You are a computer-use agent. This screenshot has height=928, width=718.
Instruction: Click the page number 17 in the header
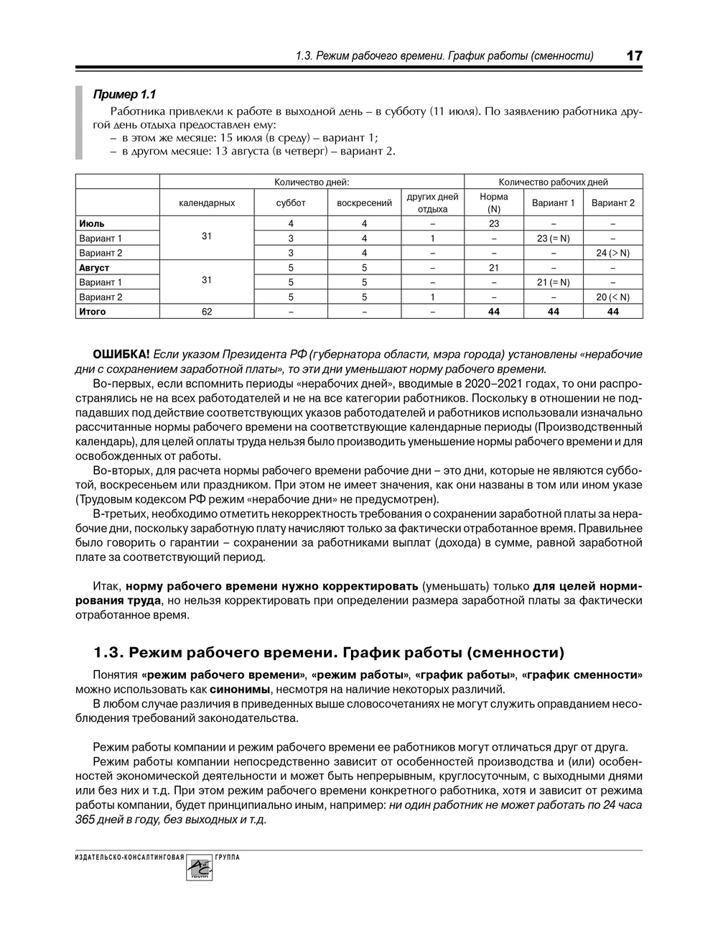[x=634, y=55]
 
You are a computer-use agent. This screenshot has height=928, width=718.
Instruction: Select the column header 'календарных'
[x=207, y=203]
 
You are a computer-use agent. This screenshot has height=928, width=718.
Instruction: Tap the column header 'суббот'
[x=291, y=203]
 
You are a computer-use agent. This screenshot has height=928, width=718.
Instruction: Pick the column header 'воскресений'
[x=364, y=203]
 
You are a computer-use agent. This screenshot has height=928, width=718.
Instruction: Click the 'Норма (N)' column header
[x=494, y=203]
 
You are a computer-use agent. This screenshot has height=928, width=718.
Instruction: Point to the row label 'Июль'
[x=92, y=224]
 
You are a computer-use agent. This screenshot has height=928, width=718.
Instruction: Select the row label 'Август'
[x=94, y=268]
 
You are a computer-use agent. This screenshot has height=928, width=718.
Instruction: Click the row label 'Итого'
[x=93, y=312]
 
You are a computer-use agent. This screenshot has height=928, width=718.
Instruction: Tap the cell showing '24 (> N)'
[x=612, y=253]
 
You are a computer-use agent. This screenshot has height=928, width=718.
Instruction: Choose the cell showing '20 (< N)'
[x=612, y=297]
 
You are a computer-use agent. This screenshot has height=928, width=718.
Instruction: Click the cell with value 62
[x=207, y=312]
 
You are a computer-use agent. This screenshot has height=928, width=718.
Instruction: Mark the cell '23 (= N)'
[x=553, y=238]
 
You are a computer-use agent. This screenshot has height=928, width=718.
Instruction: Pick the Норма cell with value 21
[x=494, y=268]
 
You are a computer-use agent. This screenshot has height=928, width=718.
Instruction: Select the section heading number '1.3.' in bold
[x=110, y=653]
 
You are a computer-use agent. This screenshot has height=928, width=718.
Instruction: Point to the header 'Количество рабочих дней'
[x=553, y=182]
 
